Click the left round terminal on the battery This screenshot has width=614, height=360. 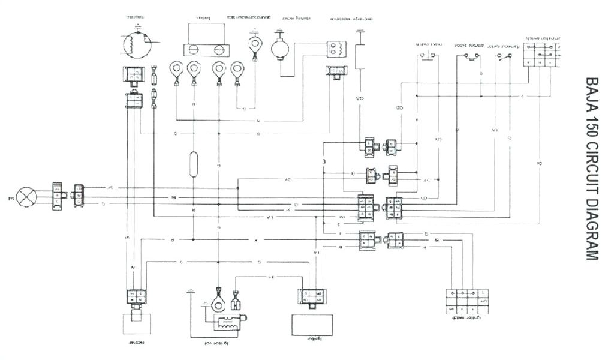click(194, 50)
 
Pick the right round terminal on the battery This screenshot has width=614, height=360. click(218, 50)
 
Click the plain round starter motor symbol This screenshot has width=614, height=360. click(279, 48)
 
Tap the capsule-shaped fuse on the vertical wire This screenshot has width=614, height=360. click(193, 164)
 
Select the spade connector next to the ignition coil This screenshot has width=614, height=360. click(236, 301)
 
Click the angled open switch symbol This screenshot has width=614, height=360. click(504, 57)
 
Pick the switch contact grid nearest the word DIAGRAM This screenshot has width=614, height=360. click(466, 299)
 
